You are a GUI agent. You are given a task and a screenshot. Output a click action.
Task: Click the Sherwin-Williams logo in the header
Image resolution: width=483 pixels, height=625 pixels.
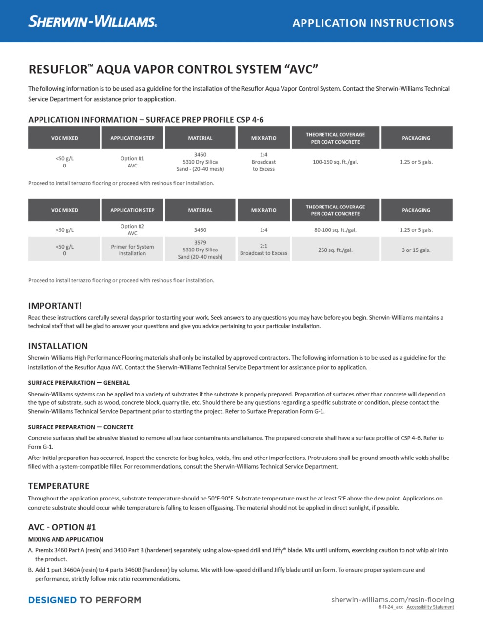coord(93,21)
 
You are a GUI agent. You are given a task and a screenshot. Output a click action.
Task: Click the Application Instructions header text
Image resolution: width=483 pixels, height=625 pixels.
coord(373,23)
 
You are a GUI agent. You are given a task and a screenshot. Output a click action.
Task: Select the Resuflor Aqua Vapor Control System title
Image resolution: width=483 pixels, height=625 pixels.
coord(173,69)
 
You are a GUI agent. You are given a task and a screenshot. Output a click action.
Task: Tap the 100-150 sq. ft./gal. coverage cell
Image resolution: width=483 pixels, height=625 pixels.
coord(335,162)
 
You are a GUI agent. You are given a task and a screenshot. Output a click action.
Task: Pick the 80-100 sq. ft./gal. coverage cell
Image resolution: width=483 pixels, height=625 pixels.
coord(335,230)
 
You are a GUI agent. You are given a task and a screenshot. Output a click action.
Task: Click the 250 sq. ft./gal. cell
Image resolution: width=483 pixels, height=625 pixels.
coord(335,250)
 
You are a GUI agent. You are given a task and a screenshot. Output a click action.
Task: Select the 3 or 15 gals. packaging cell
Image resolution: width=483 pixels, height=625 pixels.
coord(416,250)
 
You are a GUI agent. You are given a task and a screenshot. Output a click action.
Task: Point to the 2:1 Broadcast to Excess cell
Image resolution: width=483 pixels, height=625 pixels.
coord(263,250)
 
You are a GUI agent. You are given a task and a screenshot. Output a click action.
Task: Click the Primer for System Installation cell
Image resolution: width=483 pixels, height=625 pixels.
coord(132,250)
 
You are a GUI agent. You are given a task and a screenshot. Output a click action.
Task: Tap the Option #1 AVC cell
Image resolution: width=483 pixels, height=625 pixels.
coord(132,162)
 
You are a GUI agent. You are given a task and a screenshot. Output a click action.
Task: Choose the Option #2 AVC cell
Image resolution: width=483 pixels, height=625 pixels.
coord(132,229)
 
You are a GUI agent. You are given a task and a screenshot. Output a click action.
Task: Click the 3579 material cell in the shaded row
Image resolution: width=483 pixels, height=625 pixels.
coord(200,250)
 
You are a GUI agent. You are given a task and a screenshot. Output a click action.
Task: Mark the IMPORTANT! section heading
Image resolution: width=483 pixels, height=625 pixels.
coord(55,306)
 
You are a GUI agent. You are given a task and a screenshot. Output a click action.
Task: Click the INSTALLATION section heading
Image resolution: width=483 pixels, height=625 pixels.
coord(58,346)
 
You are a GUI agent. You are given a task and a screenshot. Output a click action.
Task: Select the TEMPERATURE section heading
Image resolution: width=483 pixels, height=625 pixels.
coord(59,486)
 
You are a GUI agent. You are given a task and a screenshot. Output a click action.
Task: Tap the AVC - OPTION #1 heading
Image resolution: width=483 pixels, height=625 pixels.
coord(62,527)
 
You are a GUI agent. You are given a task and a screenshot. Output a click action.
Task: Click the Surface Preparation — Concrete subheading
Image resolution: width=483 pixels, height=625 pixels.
coord(80,427)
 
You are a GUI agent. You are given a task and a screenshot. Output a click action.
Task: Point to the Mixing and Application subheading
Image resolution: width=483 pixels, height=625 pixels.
coord(66,539)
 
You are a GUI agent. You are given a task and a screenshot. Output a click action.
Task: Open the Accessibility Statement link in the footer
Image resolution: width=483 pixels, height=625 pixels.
coord(430,607)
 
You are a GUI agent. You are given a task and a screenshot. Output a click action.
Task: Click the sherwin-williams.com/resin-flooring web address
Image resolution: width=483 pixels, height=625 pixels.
coord(393,599)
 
